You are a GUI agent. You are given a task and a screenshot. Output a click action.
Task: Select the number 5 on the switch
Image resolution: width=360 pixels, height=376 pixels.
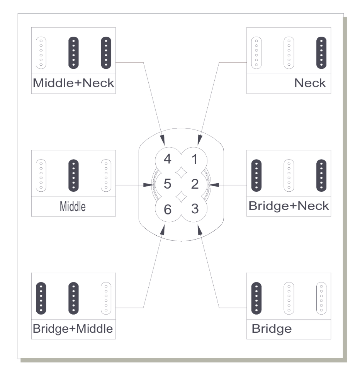[x=167, y=184]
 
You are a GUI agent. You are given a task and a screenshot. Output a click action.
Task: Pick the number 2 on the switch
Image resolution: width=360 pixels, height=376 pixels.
[x=195, y=184]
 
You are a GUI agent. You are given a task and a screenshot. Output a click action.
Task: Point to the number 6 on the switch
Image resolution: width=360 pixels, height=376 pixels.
[x=167, y=209]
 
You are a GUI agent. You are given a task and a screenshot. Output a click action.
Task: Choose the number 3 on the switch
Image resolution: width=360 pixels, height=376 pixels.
[x=195, y=209]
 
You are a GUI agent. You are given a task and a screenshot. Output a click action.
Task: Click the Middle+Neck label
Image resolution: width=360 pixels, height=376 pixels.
[x=73, y=83]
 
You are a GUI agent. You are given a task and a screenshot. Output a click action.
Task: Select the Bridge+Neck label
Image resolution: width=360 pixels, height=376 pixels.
[x=289, y=206]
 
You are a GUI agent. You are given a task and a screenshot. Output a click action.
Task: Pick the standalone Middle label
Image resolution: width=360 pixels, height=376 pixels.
[x=72, y=206]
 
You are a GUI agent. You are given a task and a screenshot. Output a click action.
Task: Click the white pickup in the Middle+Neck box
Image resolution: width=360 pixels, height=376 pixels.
[x=41, y=53]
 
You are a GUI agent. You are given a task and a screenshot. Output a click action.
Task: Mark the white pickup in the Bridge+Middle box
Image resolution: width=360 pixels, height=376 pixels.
[x=106, y=298]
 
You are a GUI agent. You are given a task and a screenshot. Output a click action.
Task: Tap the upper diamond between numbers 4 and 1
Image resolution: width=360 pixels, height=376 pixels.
[x=181, y=172]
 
